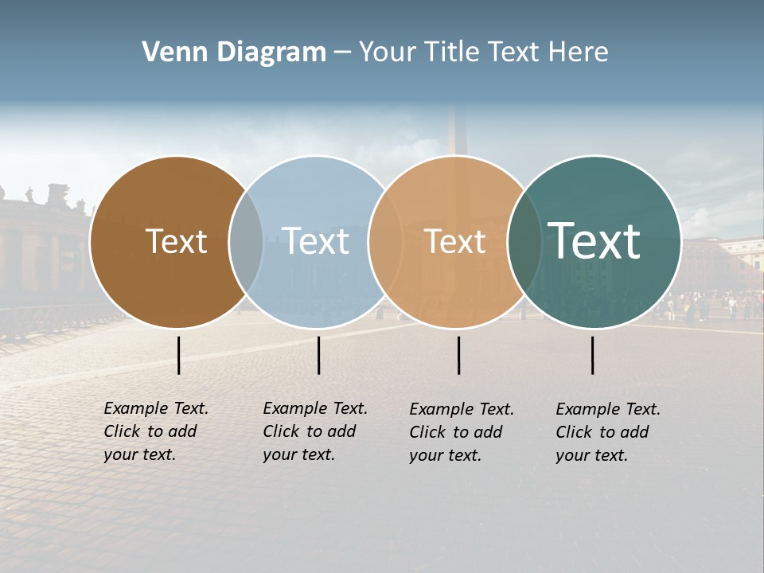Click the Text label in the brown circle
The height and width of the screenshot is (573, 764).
176,241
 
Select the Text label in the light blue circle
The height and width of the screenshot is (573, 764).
315,241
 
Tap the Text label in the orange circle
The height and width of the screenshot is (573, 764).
454,241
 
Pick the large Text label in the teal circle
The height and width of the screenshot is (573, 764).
594,241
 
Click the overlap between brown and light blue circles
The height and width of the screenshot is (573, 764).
246,241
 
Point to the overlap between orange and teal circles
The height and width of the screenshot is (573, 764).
525,241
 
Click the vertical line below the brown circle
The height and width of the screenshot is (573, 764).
178,355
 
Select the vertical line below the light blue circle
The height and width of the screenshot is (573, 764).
318,355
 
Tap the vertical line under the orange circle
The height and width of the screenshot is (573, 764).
458,355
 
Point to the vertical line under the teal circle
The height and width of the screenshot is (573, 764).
592,355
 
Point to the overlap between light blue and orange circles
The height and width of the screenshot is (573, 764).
386,241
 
